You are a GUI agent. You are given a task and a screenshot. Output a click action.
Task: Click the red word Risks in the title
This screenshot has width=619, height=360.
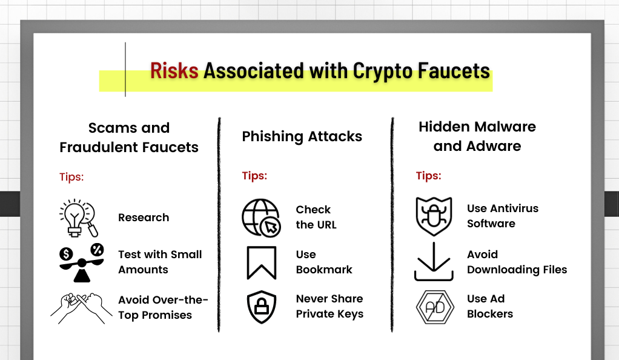pyautogui.click(x=174, y=71)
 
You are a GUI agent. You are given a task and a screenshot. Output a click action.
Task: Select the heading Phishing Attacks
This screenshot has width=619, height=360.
pyautogui.click(x=302, y=136)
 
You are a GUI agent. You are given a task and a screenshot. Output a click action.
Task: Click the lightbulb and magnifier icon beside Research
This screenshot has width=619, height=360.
pyautogui.click(x=79, y=218)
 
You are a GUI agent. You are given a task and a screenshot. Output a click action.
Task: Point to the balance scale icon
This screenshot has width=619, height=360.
pyautogui.click(x=82, y=263)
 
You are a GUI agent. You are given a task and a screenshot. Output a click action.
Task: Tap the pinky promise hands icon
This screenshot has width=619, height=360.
pyautogui.click(x=81, y=308)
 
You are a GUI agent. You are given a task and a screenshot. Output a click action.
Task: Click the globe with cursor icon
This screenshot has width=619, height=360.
pyautogui.click(x=261, y=218)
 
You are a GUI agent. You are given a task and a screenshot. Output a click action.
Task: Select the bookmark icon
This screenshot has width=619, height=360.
pyautogui.click(x=261, y=263)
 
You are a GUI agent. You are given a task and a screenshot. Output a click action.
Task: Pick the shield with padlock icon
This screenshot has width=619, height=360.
pyautogui.click(x=261, y=307)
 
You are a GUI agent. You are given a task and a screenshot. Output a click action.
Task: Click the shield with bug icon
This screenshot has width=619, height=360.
pyautogui.click(x=434, y=216)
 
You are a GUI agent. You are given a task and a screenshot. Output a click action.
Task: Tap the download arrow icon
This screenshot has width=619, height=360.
pyautogui.click(x=434, y=262)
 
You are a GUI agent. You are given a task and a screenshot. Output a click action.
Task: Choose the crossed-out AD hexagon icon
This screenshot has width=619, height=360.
pyautogui.click(x=435, y=307)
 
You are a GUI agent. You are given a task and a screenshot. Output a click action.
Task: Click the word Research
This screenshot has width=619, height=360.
pyautogui.click(x=144, y=218)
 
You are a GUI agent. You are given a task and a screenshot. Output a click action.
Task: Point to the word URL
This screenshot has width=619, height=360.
pyautogui.click(x=326, y=224)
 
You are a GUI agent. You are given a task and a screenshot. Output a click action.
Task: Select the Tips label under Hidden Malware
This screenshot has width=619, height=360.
pyautogui.click(x=428, y=176)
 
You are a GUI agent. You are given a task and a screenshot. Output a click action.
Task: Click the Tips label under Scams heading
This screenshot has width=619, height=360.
pyautogui.click(x=71, y=176)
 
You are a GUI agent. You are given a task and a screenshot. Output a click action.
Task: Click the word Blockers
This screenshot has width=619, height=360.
pyautogui.click(x=490, y=314)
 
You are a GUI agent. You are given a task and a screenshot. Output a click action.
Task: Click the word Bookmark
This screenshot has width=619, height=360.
pyautogui.click(x=324, y=270)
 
